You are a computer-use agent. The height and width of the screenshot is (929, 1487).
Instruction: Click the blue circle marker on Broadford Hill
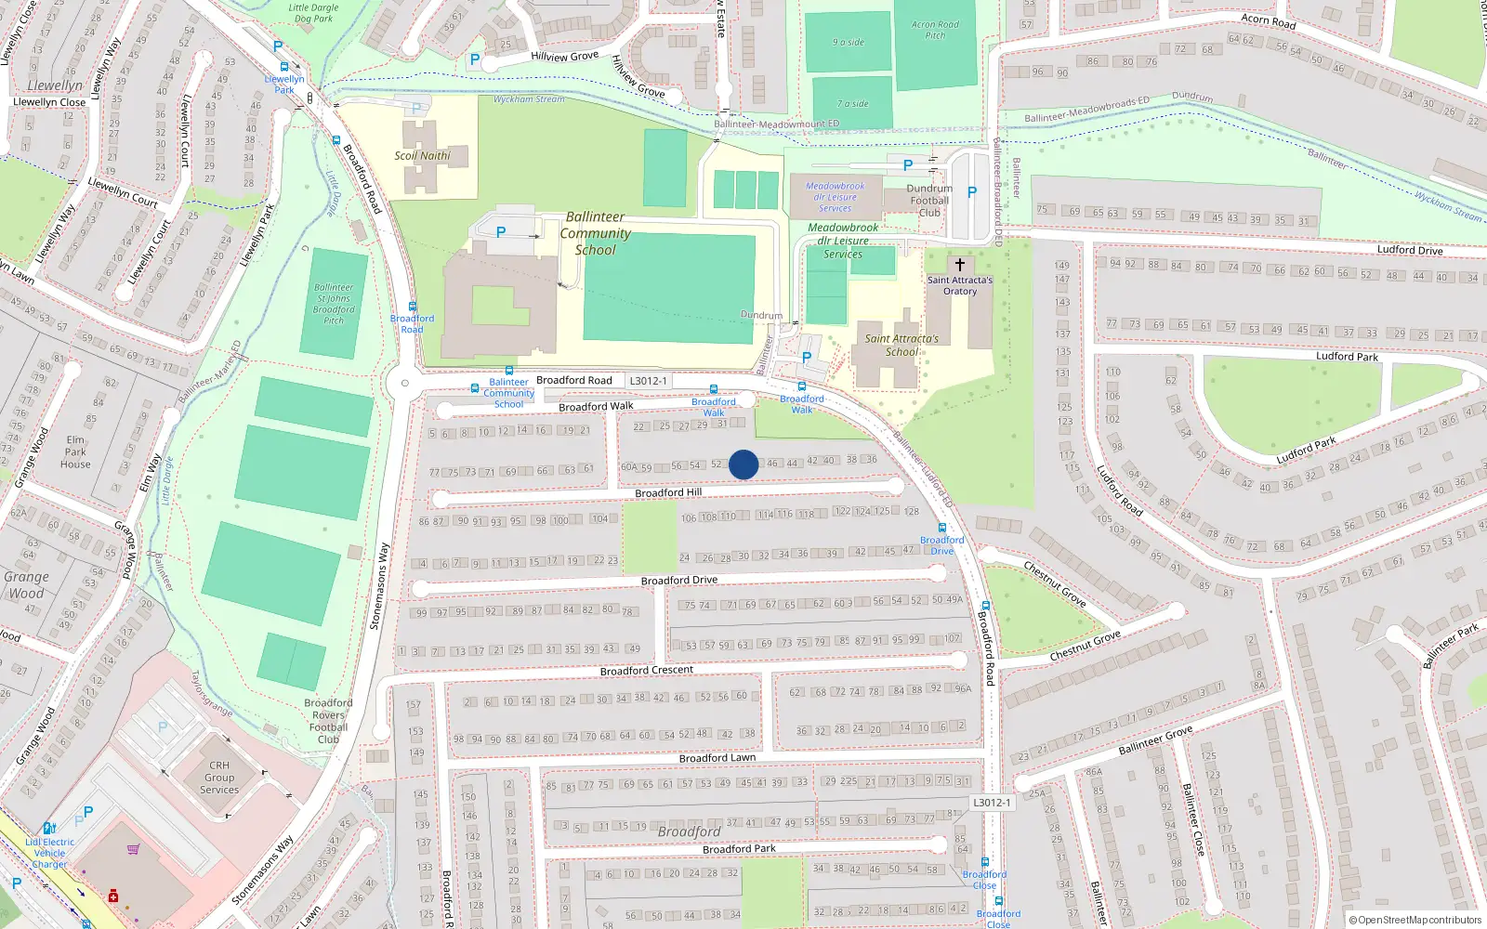pyautogui.click(x=743, y=464)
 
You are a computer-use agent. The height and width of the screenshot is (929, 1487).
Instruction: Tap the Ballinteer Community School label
pyautogui.click(x=595, y=233)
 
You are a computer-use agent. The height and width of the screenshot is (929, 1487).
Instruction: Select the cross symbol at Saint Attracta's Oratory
pyautogui.click(x=960, y=265)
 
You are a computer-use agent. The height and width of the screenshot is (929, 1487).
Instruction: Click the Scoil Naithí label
pyautogui.click(x=422, y=156)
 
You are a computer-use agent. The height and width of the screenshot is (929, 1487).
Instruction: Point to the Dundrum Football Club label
pyautogui.click(x=929, y=201)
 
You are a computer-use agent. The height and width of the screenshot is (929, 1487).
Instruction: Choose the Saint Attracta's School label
pyautogui.click(x=901, y=346)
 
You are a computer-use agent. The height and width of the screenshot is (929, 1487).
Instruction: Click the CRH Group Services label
pyautogui.click(x=219, y=779)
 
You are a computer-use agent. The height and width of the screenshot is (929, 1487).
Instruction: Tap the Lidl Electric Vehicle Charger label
pyautogui.click(x=50, y=853)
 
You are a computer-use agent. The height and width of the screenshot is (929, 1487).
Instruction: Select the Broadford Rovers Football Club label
pyautogui.click(x=328, y=721)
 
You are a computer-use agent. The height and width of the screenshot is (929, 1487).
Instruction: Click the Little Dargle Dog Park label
pyautogui.click(x=313, y=13)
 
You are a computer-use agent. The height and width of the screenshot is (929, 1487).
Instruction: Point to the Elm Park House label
pyautogui.click(x=75, y=452)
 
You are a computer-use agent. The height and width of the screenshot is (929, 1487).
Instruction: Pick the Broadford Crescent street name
pyautogui.click(x=647, y=671)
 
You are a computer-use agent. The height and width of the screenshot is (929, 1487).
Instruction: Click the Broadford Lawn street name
pyautogui.click(x=717, y=758)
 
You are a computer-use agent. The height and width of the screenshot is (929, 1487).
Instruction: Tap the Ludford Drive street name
pyautogui.click(x=1410, y=250)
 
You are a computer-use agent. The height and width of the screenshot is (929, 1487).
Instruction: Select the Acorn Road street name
pyautogui.click(x=1268, y=20)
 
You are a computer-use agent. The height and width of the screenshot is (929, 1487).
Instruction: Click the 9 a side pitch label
pyautogui.click(x=848, y=43)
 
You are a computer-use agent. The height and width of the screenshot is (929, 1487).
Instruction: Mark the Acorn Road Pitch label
pyautogui.click(x=935, y=31)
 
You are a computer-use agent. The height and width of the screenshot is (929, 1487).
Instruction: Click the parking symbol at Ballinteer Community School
pyautogui.click(x=501, y=232)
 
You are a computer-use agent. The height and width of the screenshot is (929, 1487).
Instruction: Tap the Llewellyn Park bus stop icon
pyautogui.click(x=283, y=67)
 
